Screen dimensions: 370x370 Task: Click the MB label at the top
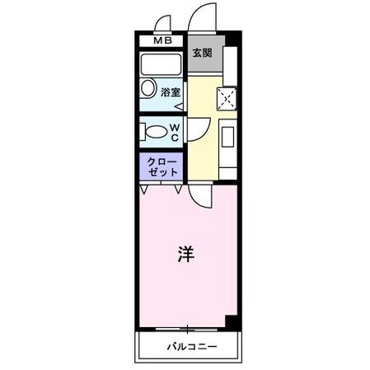pos(161,40)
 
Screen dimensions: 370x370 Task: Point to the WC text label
pos(176,129)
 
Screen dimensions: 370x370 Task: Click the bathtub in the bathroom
pos(161,65)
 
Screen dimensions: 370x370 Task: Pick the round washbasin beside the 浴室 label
pos(148,89)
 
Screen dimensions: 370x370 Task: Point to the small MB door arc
pos(162,22)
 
